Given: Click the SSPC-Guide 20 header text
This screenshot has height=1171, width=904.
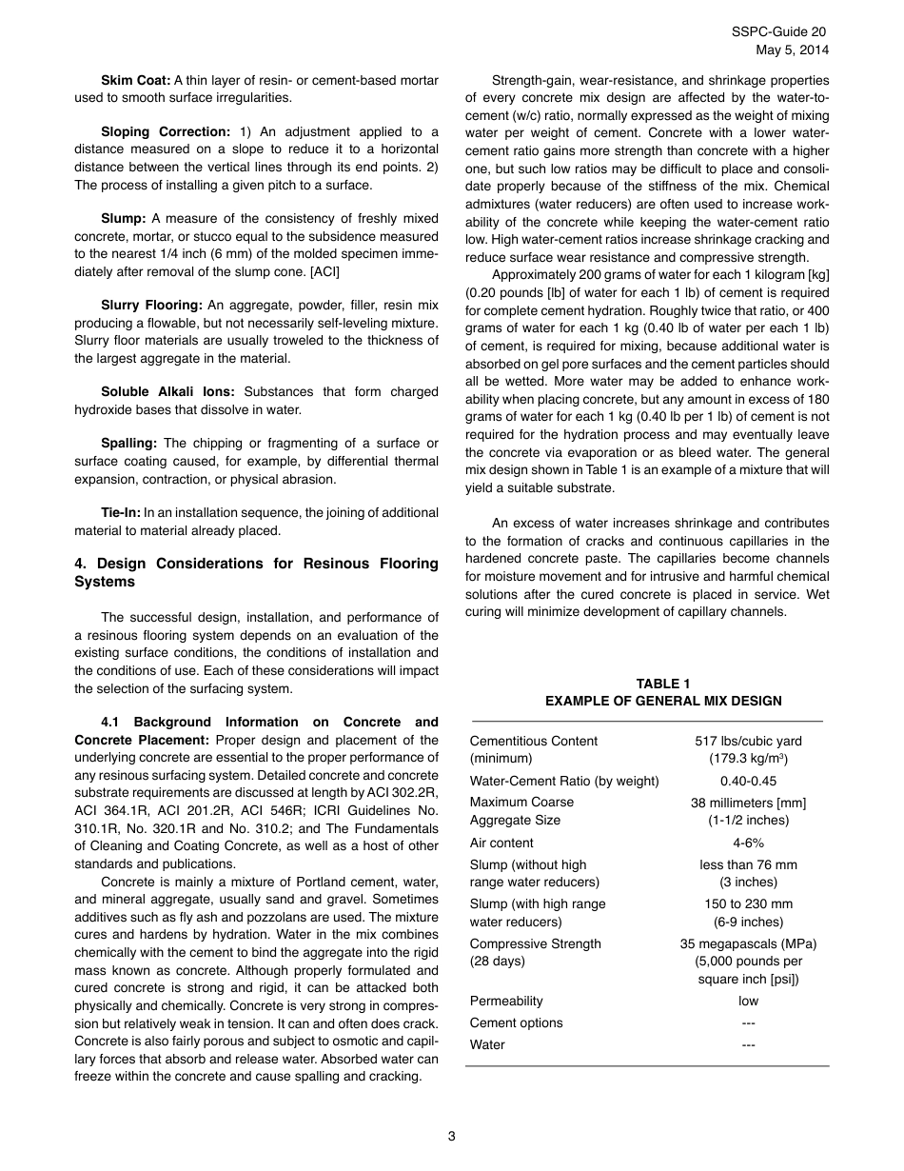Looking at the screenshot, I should coord(779,31).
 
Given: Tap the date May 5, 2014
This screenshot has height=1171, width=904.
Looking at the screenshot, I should coord(792,50).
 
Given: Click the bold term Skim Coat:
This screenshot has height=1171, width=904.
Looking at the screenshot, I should coord(136,80).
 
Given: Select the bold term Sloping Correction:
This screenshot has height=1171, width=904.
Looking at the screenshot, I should coord(166,131).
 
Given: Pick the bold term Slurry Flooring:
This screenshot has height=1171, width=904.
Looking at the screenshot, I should coord(151,305).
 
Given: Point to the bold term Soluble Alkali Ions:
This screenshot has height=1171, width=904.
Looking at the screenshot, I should coord(169,391).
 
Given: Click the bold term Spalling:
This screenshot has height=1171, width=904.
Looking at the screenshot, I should coord(128,443).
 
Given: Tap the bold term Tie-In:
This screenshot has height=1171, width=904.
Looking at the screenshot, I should coord(121,512).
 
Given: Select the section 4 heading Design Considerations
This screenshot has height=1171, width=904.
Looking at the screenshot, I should coord(256,572).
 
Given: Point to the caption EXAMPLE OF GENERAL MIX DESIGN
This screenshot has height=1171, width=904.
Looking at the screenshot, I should coord(663,701).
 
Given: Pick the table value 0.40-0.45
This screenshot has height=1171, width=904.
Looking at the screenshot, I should coord(748,781).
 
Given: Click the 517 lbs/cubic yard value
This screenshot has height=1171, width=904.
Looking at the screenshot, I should coord(748,741).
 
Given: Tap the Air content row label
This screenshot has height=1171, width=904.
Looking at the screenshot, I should coord(501,843).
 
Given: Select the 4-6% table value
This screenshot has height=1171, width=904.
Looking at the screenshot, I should coord(748,843).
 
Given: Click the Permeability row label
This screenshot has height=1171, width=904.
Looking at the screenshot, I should coord(506,1001).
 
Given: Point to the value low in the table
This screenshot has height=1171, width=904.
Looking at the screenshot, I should coord(748,1001).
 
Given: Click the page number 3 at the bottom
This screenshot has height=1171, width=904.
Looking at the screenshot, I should coord(452,1136).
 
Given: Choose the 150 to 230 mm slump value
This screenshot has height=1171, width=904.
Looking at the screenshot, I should coord(748,903).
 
